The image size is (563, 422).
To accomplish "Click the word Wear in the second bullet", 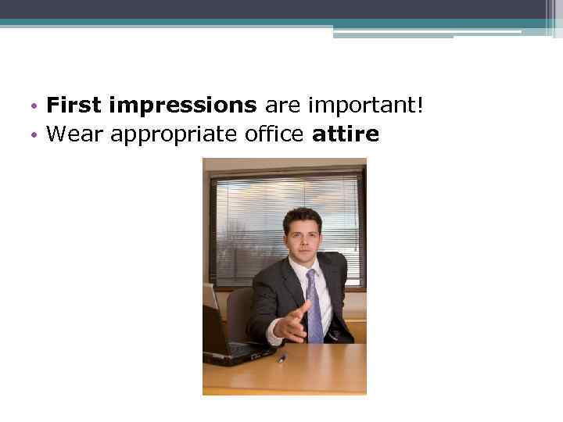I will tap(75, 134).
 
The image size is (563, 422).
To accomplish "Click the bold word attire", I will tap(345, 134).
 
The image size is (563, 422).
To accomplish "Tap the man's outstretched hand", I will tap(291, 323).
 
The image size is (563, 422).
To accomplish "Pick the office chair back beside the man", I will tap(238, 309).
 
